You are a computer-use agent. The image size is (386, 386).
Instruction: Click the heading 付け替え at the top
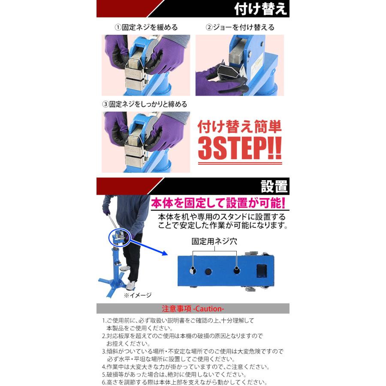tap(260, 9)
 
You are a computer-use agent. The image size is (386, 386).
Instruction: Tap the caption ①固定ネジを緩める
tap(146, 27)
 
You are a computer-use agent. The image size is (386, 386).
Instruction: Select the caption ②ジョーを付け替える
tap(240, 27)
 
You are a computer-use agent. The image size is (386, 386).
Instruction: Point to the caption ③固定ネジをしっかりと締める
tap(145, 104)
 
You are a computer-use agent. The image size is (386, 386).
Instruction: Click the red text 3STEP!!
tap(240, 148)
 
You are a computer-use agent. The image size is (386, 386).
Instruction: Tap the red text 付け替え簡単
tap(240, 127)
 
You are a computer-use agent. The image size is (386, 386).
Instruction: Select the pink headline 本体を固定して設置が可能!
tap(218, 203)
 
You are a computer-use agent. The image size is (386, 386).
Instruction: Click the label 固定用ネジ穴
tap(214, 241)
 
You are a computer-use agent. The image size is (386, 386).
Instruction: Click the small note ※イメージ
tap(137, 295)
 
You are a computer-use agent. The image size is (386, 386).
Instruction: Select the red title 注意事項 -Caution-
tap(193, 308)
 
